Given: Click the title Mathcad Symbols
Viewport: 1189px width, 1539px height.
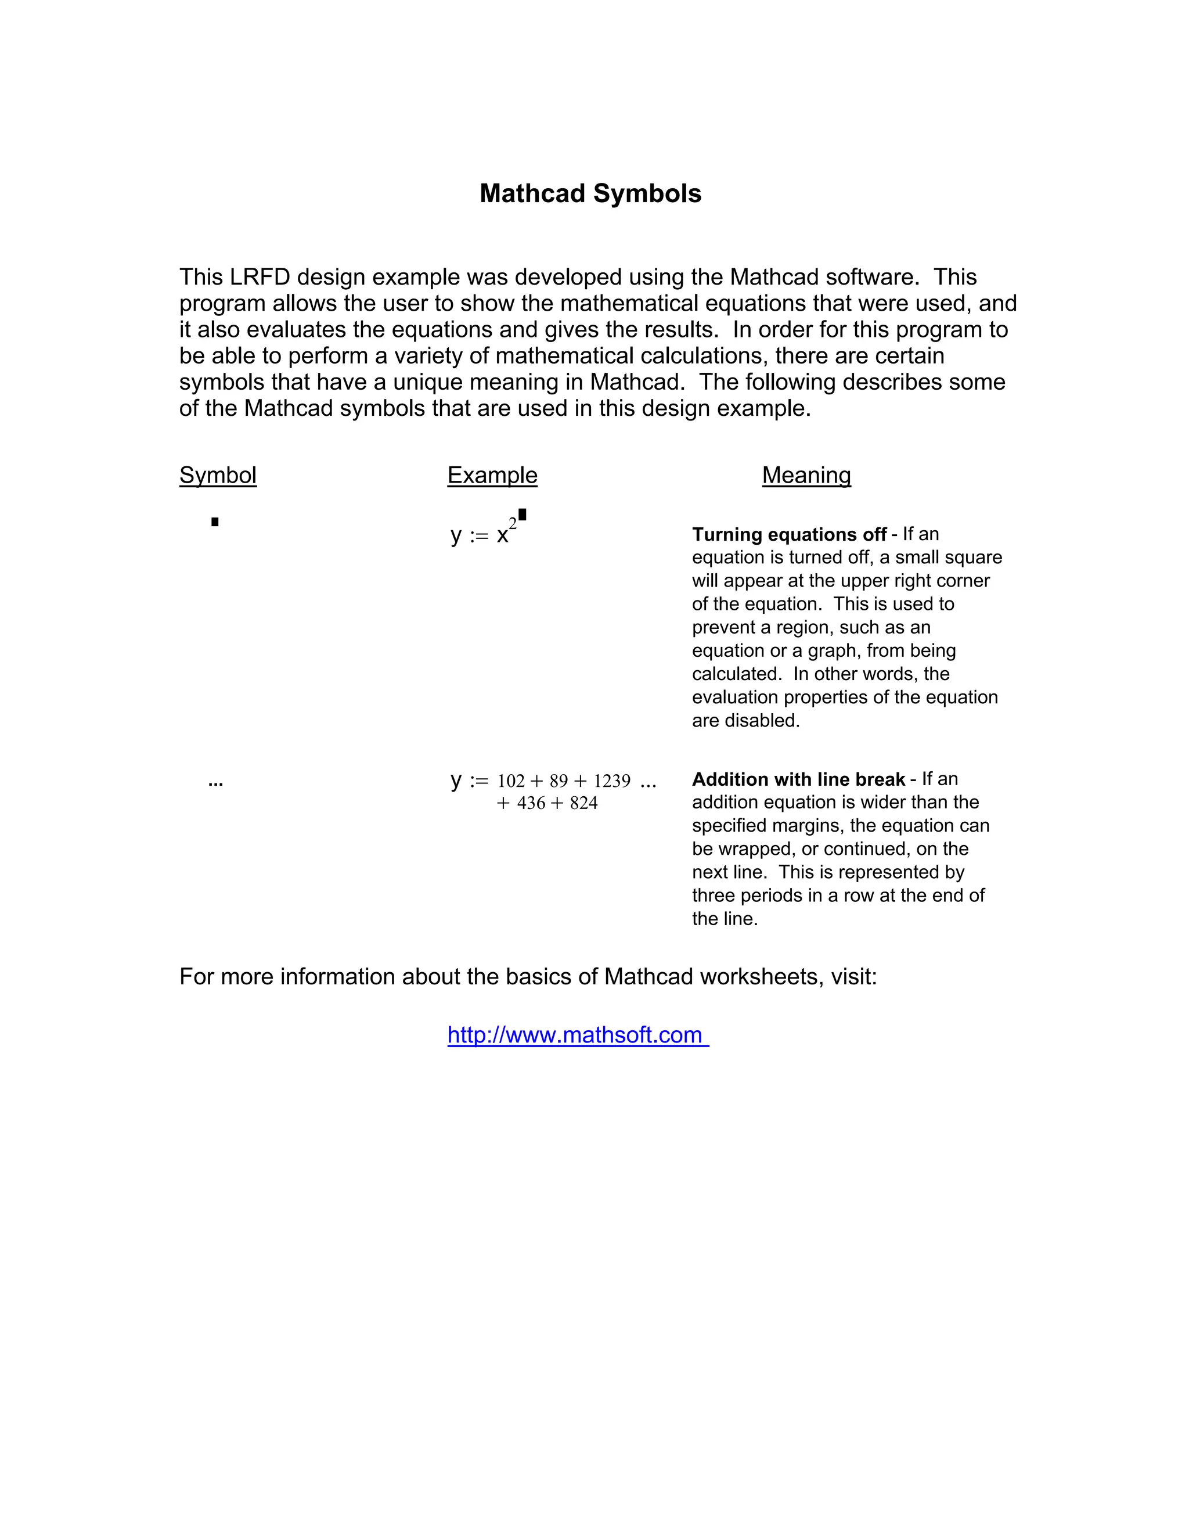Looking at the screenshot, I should [590, 194].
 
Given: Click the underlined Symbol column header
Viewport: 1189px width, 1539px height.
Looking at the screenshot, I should [218, 475].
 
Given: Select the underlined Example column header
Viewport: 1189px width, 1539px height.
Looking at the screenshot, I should [492, 475].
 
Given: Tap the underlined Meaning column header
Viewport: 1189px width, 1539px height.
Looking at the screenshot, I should [806, 475].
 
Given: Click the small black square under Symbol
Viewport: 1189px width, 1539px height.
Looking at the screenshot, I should [215, 522].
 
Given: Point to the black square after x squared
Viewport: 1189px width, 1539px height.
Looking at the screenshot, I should [523, 515].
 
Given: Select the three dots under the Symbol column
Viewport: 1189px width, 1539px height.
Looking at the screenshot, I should [215, 783].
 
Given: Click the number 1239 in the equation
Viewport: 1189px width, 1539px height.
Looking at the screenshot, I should [611, 782].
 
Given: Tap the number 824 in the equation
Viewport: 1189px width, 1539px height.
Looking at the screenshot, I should [583, 803].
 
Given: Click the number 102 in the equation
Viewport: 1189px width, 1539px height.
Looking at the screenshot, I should [511, 782].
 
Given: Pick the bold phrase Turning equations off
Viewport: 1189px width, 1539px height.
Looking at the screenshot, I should [788, 535].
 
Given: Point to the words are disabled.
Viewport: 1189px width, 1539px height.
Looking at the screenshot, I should [745, 721].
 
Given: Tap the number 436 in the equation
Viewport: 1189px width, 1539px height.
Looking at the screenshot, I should [531, 803].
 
